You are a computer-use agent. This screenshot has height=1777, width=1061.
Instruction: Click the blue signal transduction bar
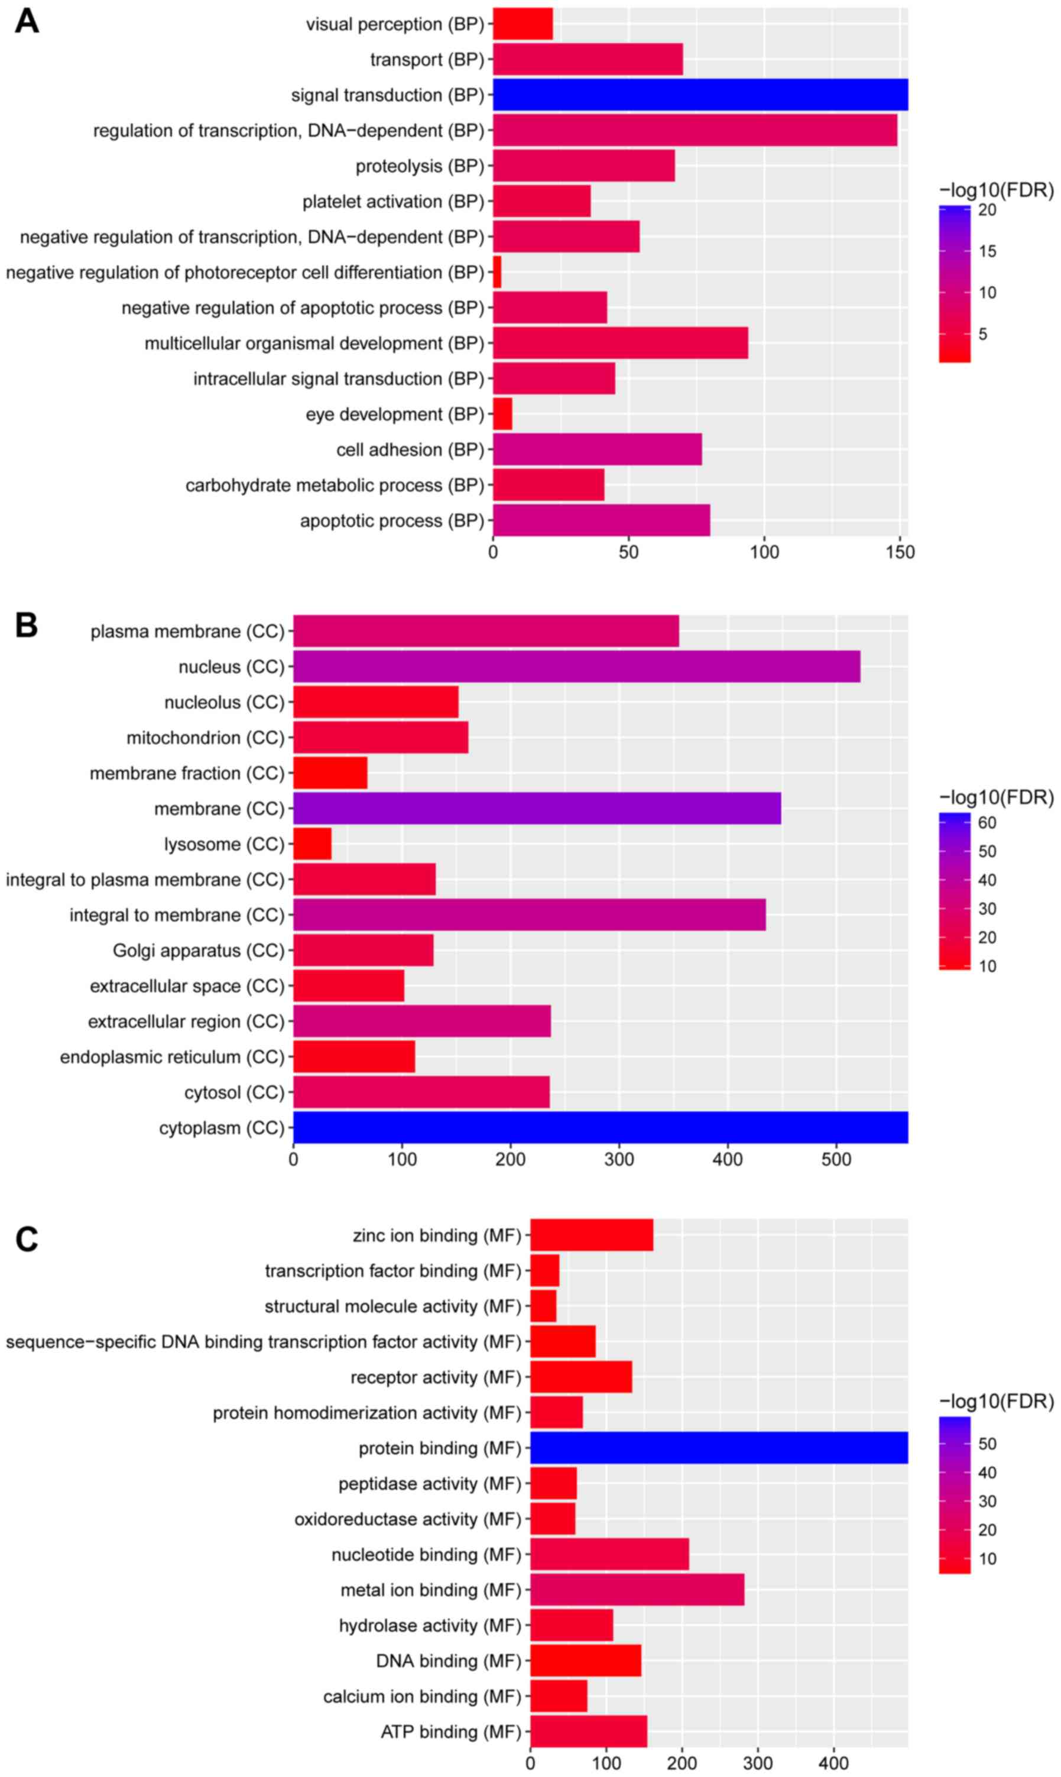[700, 95]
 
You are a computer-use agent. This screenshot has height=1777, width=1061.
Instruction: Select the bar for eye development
[502, 414]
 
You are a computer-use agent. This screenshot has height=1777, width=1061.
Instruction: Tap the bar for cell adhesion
[597, 450]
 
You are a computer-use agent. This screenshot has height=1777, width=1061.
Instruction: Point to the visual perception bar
[523, 24]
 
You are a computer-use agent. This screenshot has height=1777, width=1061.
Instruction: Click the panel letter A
[27, 21]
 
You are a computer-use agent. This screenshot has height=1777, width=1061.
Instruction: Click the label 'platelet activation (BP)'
[393, 202]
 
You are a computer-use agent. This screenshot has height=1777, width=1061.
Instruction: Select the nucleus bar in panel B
[576, 666]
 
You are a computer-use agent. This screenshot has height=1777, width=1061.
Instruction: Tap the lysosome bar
[313, 844]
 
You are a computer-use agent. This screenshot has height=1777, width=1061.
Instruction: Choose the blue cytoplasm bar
[601, 1127]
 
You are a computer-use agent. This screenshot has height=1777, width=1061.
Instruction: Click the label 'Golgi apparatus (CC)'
[198, 951]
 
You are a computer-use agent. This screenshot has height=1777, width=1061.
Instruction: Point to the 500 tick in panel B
[836, 1159]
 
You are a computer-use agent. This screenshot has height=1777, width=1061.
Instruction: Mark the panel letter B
[27, 625]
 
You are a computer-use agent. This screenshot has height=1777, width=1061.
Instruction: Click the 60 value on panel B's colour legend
[987, 823]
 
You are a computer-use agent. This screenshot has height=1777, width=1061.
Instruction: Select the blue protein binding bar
[719, 1448]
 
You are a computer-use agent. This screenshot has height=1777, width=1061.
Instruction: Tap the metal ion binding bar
[637, 1590]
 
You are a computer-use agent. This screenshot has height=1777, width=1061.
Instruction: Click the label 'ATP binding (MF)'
[450, 1732]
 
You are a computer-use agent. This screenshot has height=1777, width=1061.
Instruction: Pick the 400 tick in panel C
[833, 1763]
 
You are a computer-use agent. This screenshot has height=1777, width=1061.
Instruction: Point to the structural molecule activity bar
[543, 1306]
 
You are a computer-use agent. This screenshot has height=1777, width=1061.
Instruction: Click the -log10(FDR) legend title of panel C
[996, 1402]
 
